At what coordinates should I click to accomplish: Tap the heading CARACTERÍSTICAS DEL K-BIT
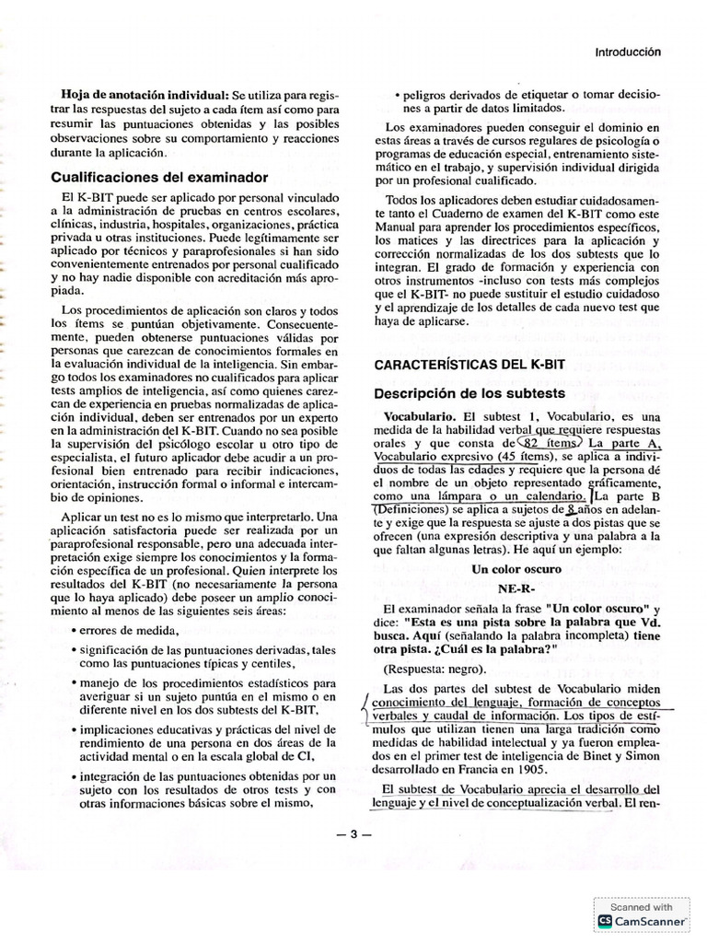469,365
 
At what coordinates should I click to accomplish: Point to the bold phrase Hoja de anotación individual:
145,95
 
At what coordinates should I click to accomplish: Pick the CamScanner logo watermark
643,920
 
